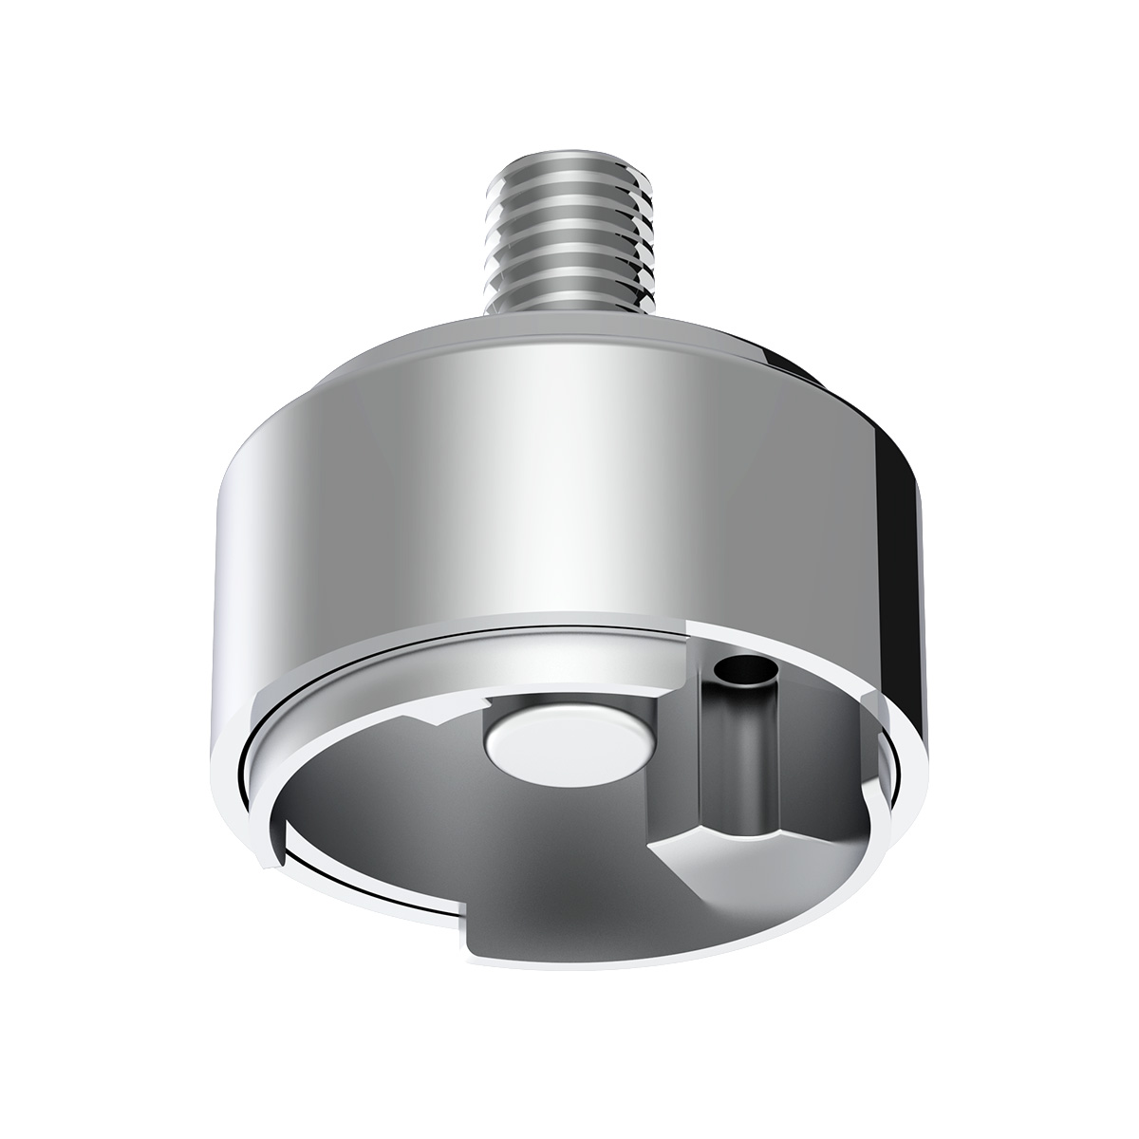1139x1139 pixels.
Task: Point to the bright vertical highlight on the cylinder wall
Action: pos(569,494)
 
